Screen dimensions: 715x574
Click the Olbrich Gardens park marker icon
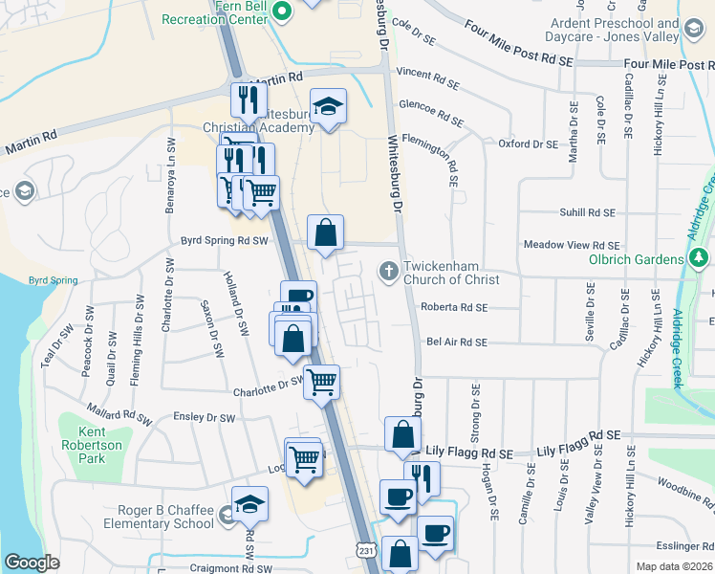699,258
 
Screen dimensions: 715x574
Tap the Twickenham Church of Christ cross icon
389,271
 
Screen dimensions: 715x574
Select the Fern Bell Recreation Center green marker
282,12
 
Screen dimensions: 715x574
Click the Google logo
32,563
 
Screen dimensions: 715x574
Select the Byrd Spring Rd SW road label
225,242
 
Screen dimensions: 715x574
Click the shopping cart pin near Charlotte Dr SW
322,381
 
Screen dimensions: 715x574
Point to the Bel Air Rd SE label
456,342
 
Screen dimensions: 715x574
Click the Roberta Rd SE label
454,307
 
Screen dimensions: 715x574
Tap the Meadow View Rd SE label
572,246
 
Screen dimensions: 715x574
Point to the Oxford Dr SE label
528,144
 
